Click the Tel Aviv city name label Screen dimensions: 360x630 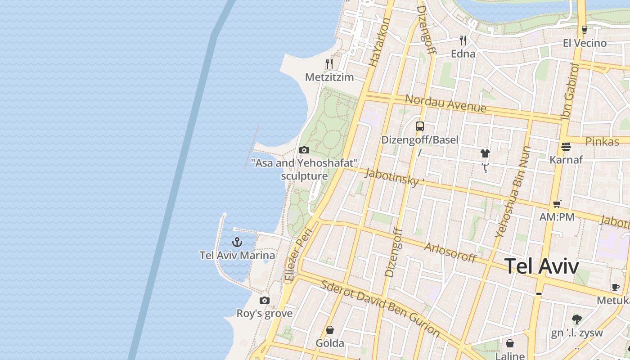pos(541,266)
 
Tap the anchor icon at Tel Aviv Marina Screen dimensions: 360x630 pos(237,243)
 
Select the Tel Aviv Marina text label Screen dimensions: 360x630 pos(237,256)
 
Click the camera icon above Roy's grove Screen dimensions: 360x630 pos(265,300)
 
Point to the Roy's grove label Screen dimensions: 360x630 pos(265,313)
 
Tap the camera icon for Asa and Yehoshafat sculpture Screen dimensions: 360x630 pos(304,150)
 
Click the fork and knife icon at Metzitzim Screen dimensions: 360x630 pos(329,64)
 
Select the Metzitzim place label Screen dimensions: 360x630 pos(329,77)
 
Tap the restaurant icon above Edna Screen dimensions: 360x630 pos(463,40)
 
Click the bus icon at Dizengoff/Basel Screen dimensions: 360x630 pos(420,126)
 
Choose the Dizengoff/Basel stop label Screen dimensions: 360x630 pos(420,140)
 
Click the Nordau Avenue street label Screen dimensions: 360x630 pos(445,104)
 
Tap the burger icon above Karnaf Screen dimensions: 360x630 pos(566,147)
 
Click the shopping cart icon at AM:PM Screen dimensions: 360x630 pos(557,204)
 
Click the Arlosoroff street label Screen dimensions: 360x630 pos(450,252)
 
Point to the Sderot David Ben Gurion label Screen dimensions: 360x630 pos(380,308)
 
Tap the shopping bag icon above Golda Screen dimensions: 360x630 pos(330,330)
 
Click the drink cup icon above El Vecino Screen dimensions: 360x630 pos(585,30)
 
